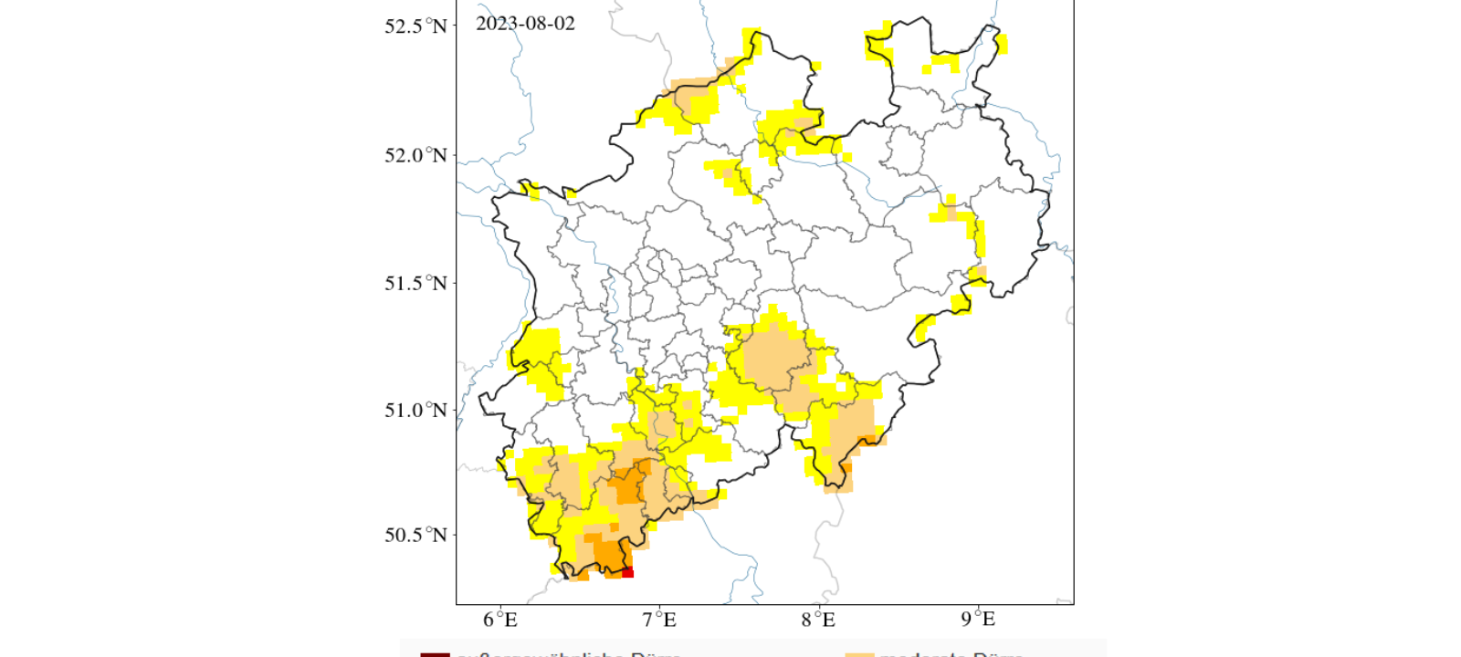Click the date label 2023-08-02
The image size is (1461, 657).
(525, 24)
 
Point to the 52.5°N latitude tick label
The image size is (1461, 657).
(415, 26)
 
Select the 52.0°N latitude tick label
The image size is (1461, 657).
(415, 155)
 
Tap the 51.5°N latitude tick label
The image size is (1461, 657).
(415, 283)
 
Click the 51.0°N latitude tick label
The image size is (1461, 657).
(415, 411)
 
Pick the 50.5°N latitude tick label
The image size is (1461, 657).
(415, 535)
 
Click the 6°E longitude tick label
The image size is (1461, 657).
(500, 620)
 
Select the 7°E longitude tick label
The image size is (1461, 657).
(659, 620)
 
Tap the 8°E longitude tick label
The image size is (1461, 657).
(818, 620)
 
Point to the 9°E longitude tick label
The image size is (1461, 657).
(978, 620)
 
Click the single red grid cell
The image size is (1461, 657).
(627, 572)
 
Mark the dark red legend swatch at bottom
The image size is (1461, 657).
(435, 653)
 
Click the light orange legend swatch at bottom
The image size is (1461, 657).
(859, 653)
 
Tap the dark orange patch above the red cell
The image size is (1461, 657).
(608, 553)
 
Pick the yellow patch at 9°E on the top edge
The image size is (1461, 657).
(1001, 44)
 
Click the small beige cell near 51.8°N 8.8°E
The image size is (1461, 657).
(951, 214)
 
